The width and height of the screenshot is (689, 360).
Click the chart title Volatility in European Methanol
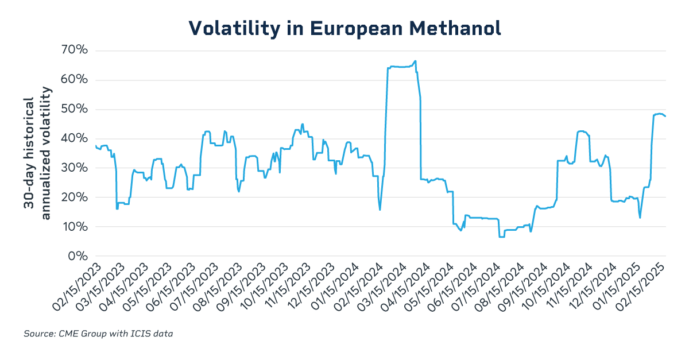point(344,28)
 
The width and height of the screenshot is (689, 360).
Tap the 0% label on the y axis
point(78,256)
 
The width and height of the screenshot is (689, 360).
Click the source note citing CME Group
point(98,334)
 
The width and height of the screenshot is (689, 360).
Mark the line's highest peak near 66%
point(415,61)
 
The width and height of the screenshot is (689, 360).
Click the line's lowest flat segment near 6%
point(501,237)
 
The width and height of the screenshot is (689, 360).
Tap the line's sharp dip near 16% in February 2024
point(380,209)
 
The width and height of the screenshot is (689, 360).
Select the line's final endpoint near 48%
point(665,117)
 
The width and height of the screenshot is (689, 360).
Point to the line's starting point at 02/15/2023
point(95,146)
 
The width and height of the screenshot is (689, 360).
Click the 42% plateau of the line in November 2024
point(581,131)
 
